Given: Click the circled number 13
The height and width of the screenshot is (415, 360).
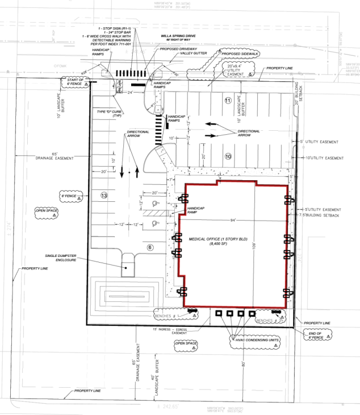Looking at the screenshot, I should click(104, 195).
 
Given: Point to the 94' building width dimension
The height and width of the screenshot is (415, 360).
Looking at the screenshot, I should click(233, 219).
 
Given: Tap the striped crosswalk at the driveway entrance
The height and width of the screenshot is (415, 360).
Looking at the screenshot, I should click(131, 73).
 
